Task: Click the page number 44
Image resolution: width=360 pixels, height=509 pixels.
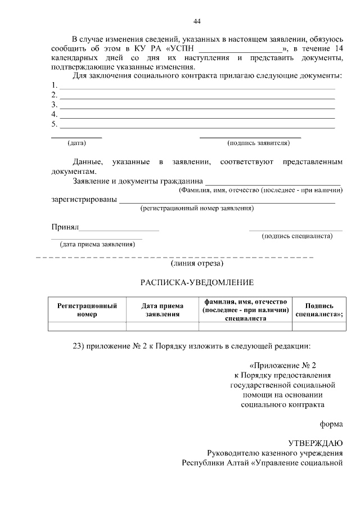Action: point(196,21)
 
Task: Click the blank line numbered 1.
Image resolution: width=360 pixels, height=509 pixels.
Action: point(197,87)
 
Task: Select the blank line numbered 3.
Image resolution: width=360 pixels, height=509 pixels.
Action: point(197,106)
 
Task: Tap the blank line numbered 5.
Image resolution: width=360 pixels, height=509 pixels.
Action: point(197,126)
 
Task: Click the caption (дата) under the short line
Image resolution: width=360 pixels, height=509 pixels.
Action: point(76,143)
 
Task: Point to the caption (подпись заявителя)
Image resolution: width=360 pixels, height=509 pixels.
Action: point(258,143)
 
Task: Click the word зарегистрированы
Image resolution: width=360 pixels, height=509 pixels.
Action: point(84,200)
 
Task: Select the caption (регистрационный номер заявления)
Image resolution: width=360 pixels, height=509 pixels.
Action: point(197,208)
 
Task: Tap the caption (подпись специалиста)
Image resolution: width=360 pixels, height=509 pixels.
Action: point(297,236)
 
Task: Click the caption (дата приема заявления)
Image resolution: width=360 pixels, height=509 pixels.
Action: point(97,245)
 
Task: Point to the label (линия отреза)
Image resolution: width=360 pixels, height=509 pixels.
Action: point(197,263)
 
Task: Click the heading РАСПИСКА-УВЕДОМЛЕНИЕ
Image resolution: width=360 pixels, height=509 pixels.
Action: point(197,282)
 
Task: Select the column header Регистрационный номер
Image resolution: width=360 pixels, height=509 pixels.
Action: point(87,310)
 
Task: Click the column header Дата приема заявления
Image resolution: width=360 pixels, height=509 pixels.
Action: point(163,310)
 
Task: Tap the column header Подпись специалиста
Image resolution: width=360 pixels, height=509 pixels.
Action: point(319,310)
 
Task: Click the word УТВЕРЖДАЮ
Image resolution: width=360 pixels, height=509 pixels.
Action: point(315,443)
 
